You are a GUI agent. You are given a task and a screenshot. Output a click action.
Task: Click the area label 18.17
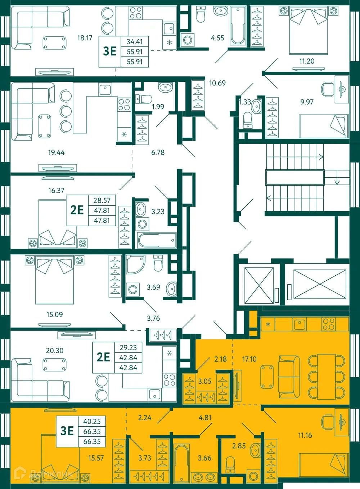click(85, 38)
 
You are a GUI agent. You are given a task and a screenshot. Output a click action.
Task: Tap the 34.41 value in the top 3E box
click(134, 41)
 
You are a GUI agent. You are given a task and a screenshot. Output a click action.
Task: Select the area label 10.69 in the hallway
click(217, 83)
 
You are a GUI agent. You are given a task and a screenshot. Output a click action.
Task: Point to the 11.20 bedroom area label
click(307, 61)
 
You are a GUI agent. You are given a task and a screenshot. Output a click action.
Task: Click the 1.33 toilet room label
click(245, 102)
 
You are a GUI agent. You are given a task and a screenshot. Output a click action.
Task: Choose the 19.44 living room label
click(56, 152)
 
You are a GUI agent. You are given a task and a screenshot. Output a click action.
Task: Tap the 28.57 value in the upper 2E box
click(102, 200)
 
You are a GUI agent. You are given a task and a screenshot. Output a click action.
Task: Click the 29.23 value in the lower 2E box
click(128, 348)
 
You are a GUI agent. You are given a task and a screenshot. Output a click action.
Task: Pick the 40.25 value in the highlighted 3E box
click(92, 421)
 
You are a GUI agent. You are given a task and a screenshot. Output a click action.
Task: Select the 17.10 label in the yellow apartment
click(249, 359)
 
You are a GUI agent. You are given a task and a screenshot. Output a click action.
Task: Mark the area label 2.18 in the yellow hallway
click(220, 359)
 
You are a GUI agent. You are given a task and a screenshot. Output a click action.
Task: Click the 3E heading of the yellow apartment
click(67, 431)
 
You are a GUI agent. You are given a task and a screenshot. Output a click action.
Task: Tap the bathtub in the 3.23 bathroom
click(156, 240)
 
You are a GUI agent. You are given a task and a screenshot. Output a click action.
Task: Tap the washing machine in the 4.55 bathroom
click(187, 39)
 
